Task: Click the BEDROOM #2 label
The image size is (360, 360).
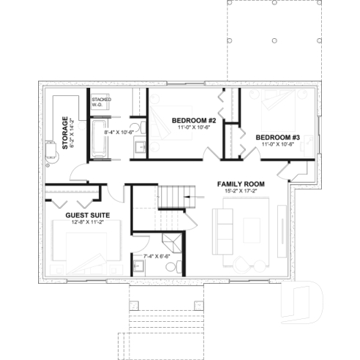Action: pyautogui.click(x=193, y=120)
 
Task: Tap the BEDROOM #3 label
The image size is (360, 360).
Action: pyautogui.click(x=278, y=137)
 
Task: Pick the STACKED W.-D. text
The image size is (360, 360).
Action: pyautogui.click(x=100, y=101)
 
